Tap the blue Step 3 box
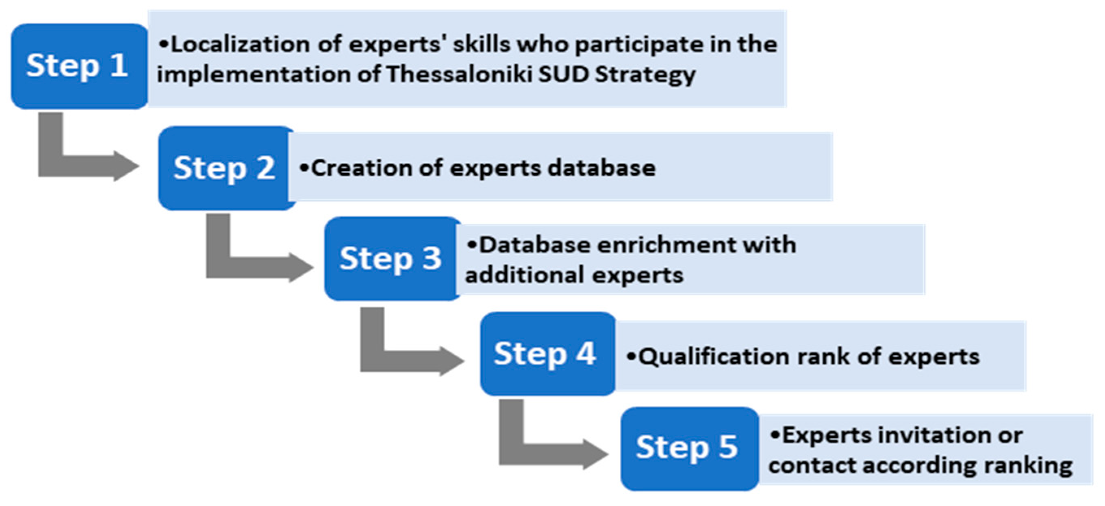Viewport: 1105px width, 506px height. pyautogui.click(x=391, y=259)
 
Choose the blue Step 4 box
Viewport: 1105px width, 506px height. pyautogui.click(x=546, y=353)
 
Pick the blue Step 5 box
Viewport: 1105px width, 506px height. pyautogui.click(x=688, y=448)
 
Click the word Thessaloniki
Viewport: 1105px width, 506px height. pyautogui.click(x=459, y=75)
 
